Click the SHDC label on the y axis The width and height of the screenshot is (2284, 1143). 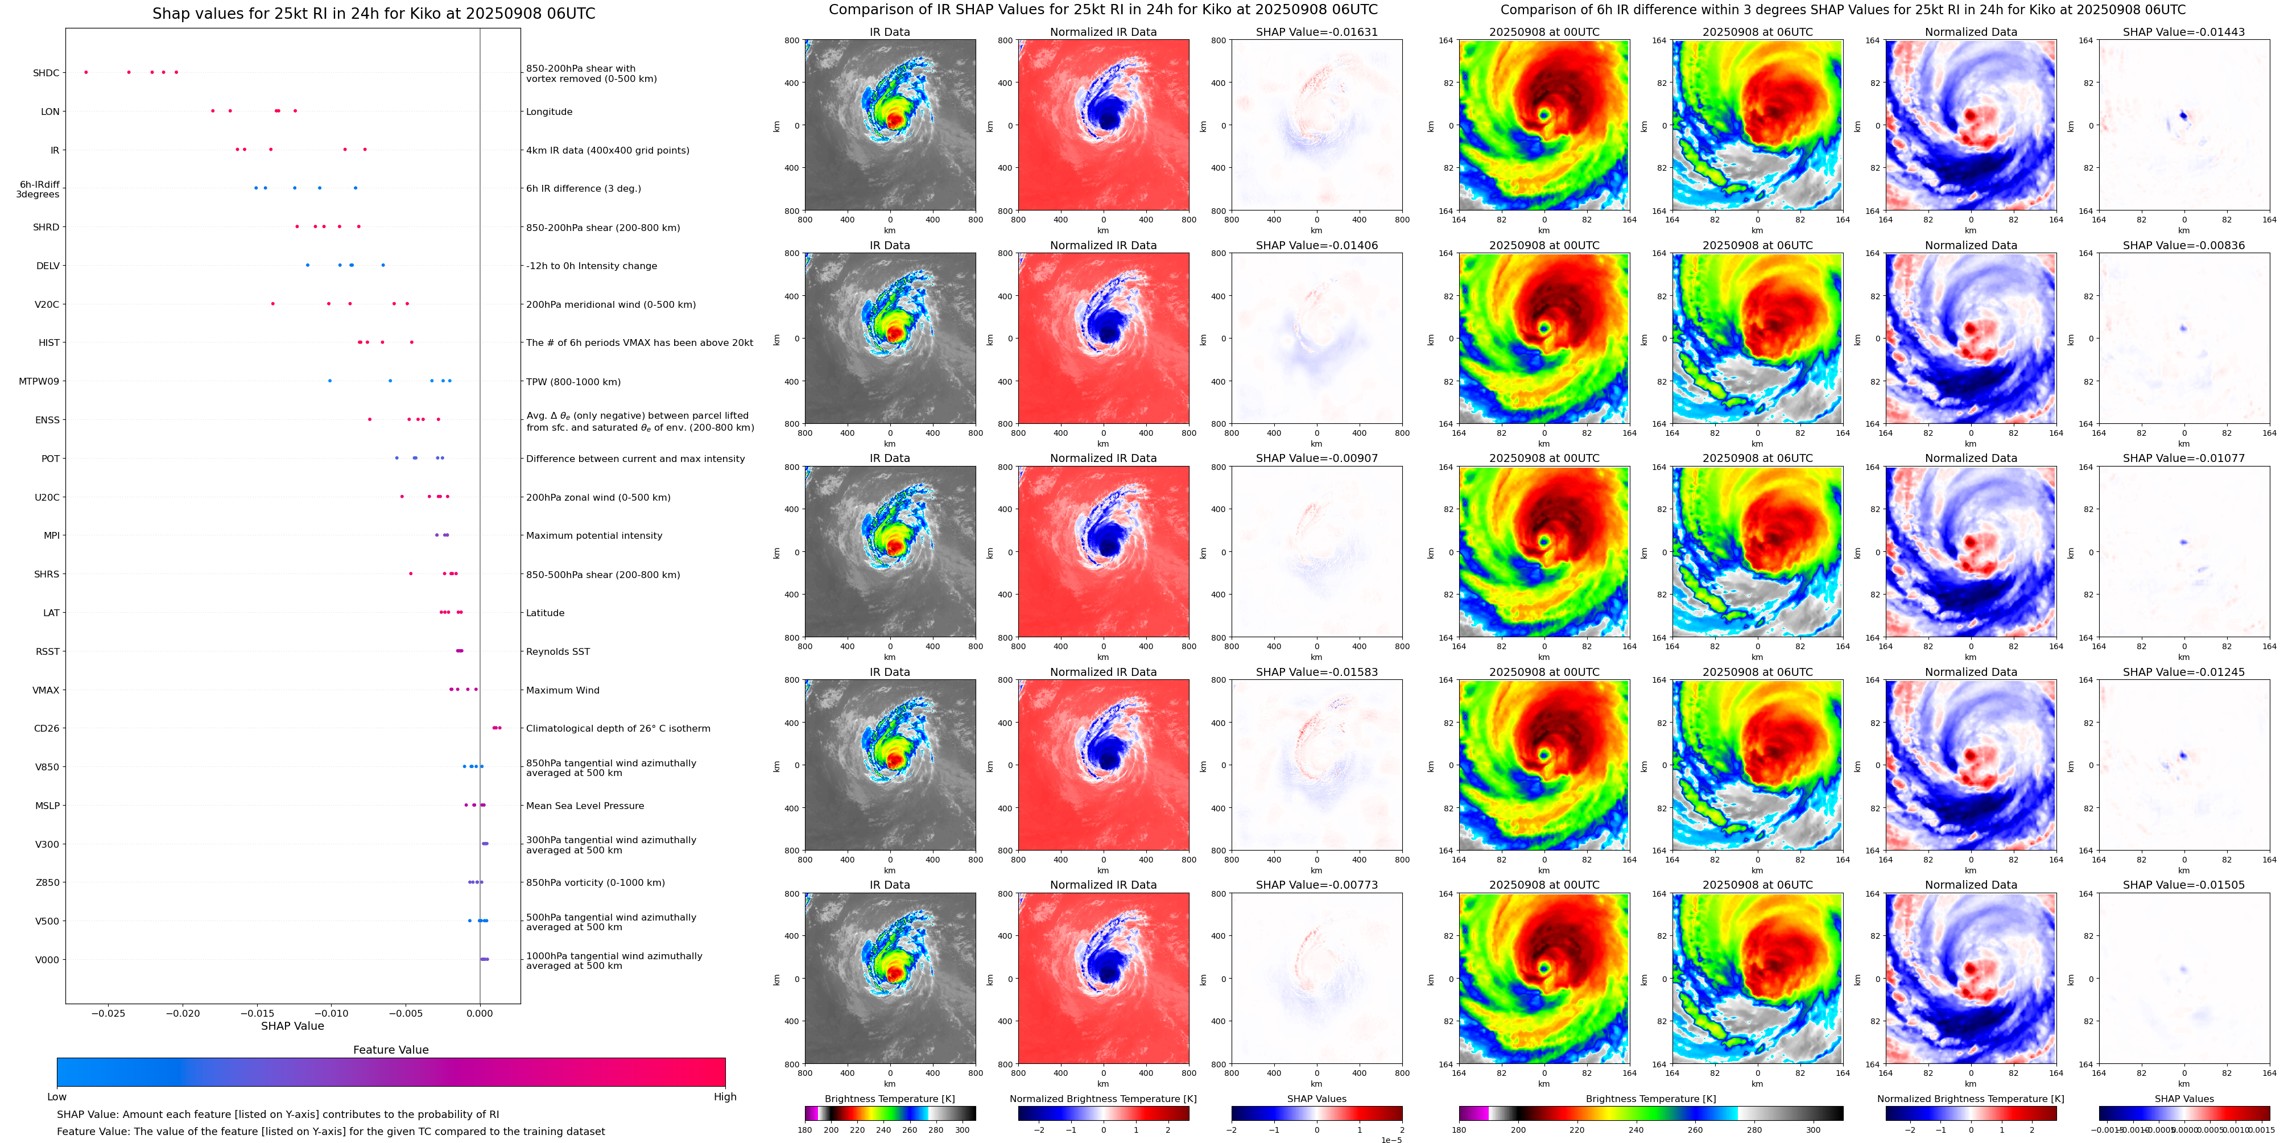click(46, 73)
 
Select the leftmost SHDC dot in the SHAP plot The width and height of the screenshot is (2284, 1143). click(86, 72)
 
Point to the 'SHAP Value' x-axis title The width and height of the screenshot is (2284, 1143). click(292, 1026)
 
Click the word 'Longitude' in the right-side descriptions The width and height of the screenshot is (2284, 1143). click(549, 112)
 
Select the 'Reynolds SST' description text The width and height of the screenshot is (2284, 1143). click(557, 652)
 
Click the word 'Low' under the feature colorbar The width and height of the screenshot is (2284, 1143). click(57, 1097)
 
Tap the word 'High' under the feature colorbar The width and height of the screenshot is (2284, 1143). click(725, 1097)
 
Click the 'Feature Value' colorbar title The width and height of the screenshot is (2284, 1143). click(391, 1050)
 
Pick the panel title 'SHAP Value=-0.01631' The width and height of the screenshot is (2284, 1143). click(1317, 32)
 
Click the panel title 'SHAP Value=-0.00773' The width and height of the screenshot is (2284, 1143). click(1317, 885)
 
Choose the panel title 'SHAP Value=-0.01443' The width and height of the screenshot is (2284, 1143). click(2184, 32)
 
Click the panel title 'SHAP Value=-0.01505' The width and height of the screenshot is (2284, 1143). click(2184, 885)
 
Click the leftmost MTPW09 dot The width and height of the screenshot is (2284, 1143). click(330, 381)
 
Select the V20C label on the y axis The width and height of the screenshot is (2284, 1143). click(47, 304)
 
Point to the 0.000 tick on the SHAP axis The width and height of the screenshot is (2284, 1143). click(480, 1013)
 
